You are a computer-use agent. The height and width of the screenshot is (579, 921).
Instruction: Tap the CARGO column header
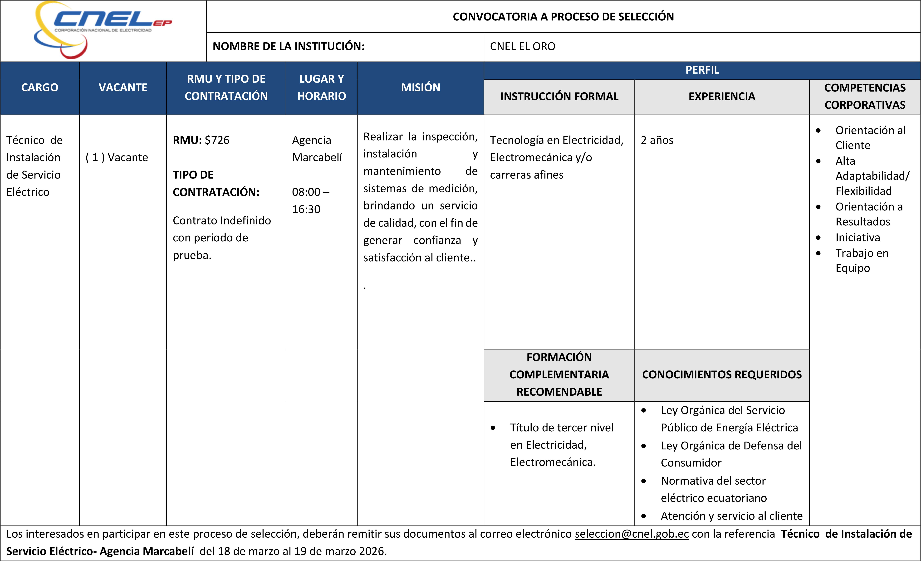click(x=40, y=88)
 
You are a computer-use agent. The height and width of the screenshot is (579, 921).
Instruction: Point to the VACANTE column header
click(x=123, y=88)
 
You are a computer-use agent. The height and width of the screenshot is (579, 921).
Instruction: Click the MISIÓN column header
click(x=420, y=88)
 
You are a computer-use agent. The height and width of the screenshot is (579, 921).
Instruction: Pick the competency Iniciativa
click(x=857, y=238)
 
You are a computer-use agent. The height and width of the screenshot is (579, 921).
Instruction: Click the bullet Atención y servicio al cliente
click(x=731, y=516)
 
